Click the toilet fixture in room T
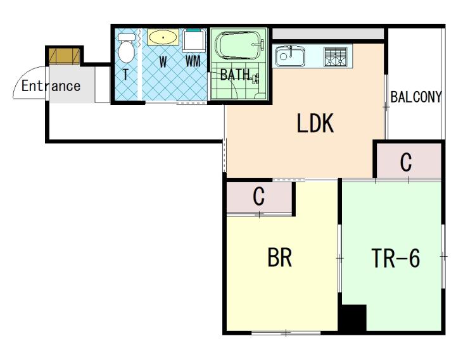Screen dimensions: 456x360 pyautogui.click(x=126, y=48)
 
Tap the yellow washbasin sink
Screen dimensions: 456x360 pyautogui.click(x=163, y=37)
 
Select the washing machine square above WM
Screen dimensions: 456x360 pyautogui.click(x=194, y=40)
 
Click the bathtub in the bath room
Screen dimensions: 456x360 pyautogui.click(x=239, y=45)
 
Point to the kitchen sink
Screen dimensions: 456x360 pyautogui.click(x=290, y=56)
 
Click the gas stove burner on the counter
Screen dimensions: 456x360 pyautogui.click(x=335, y=56)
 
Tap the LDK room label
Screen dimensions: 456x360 pyautogui.click(x=315, y=123)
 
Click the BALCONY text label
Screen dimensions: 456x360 pyautogui.click(x=416, y=97)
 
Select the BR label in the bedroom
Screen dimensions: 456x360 pyautogui.click(x=279, y=257)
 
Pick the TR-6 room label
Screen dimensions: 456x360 pyautogui.click(x=395, y=258)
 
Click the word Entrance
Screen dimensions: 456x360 pyautogui.click(x=51, y=85)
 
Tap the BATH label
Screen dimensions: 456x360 pyautogui.click(x=235, y=75)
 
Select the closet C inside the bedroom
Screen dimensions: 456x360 pyautogui.click(x=260, y=197)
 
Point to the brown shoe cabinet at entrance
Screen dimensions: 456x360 pyautogui.click(x=64, y=56)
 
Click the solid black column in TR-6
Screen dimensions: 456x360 pyautogui.click(x=353, y=318)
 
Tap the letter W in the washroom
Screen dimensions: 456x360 pyautogui.click(x=163, y=62)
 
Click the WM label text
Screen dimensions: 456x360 pyautogui.click(x=193, y=61)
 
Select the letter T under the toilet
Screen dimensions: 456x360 pyautogui.click(x=125, y=75)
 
